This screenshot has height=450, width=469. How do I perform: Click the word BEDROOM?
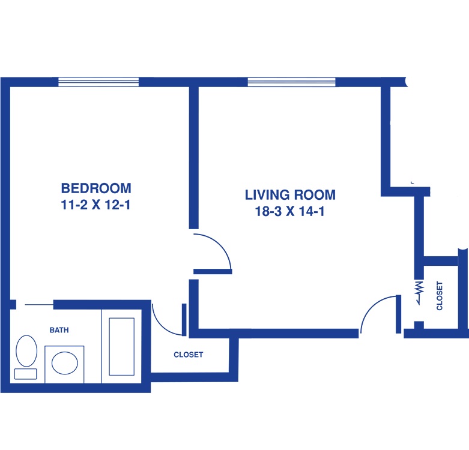(x=96, y=188)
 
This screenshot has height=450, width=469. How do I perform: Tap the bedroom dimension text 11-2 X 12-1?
(x=95, y=205)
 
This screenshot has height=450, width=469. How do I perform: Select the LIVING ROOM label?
(x=290, y=195)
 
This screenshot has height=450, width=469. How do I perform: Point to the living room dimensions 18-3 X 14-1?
(x=290, y=212)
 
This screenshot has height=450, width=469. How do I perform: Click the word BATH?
(x=59, y=330)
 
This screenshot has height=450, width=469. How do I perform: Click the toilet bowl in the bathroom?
(x=26, y=351)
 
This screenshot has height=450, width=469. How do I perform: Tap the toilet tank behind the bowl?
(x=26, y=374)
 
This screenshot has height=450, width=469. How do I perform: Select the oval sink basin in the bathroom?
(x=65, y=363)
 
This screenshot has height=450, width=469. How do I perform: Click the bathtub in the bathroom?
(x=121, y=347)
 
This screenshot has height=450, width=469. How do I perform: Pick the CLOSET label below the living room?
(x=189, y=355)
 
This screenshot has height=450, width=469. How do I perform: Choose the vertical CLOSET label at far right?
(x=440, y=296)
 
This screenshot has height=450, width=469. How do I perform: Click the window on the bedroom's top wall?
(x=98, y=82)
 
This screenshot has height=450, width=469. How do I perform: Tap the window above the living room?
(x=292, y=82)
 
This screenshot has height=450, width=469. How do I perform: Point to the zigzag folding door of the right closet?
(x=419, y=292)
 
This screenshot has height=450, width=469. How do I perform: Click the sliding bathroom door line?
(x=39, y=305)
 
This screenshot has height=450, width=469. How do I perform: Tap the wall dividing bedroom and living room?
(x=194, y=158)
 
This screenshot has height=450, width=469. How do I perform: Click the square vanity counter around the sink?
(x=64, y=364)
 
